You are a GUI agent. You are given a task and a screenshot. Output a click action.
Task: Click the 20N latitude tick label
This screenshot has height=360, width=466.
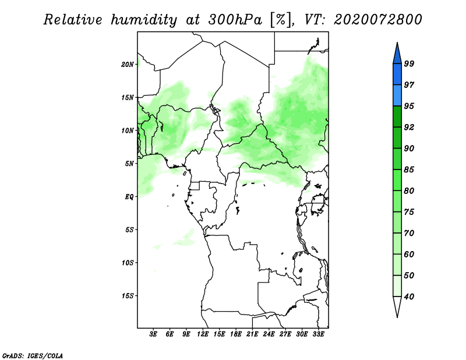tap(128, 64)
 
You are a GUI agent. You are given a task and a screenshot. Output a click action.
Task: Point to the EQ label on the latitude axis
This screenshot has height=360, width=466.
tap(129, 196)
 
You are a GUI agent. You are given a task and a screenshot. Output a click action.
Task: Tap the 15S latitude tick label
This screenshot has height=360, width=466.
tap(128, 296)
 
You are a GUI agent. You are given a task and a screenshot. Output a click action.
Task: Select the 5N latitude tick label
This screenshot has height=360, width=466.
tap(129, 164)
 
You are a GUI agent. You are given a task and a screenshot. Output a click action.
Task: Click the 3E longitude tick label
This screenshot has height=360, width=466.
tap(153, 334)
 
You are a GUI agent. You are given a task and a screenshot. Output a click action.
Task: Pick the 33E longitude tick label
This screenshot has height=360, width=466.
tap(318, 334)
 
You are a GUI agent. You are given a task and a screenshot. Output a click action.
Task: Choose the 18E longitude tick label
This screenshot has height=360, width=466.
tap(236, 334)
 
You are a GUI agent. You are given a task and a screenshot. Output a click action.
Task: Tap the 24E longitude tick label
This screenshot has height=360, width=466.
tap(269, 334)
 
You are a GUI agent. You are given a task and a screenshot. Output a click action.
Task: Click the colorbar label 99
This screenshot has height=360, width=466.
tap(409, 63)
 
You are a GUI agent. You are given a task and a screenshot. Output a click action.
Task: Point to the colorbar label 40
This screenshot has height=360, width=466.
tap(409, 297)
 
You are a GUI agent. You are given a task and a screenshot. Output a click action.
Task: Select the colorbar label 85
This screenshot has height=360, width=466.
tap(409, 170)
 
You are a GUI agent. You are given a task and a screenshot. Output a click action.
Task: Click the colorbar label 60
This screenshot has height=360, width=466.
tap(409, 254)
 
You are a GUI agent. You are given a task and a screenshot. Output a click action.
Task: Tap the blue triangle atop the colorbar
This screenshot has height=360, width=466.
tap(397, 55)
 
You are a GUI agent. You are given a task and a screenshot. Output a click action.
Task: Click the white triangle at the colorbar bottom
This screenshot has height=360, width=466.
tap(397, 305)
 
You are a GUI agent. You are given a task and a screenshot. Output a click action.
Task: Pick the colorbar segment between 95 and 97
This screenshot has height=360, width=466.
tap(397, 96)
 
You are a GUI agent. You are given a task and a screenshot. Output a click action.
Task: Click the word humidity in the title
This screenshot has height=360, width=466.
tap(143, 20)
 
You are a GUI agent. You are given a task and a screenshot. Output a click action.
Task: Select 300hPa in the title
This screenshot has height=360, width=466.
tap(235, 20)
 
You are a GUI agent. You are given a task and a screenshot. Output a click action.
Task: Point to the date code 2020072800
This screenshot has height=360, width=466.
tap(377, 20)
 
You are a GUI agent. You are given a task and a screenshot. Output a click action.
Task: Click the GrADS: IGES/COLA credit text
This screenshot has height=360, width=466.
tap(33, 356)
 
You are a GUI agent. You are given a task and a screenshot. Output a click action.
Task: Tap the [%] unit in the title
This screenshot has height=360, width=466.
tap(281, 20)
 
